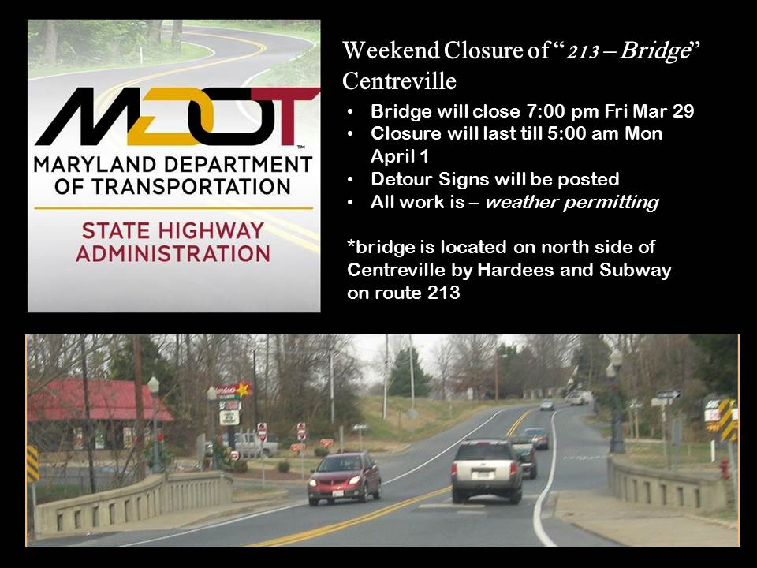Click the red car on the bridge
pos(343,477)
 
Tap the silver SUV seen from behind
pos(487,470)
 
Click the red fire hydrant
pos(725,469)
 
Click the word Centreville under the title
pos(399,80)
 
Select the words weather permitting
pos(571,202)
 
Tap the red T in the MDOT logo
pos(289,116)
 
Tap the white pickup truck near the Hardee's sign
pos(253,446)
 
